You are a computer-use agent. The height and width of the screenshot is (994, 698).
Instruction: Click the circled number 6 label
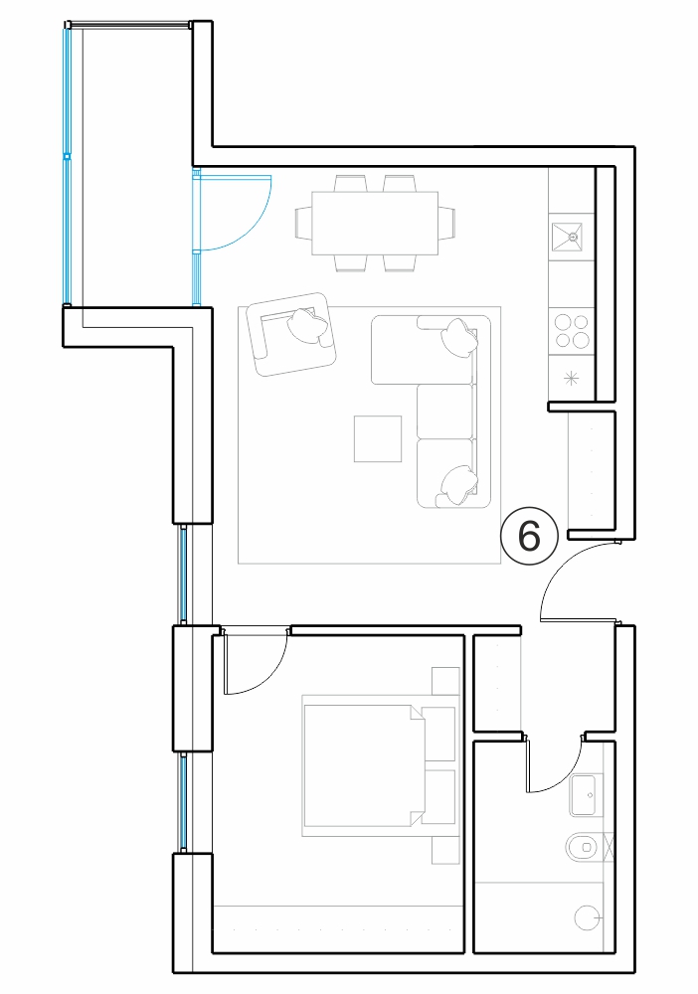529,537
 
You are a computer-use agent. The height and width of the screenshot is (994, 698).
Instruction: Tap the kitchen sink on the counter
573,238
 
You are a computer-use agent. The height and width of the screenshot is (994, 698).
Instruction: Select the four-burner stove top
572,331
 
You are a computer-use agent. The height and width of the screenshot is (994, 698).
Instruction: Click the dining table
375,223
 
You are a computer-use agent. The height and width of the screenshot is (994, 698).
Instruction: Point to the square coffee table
378,438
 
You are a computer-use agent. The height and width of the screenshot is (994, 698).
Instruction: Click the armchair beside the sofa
291,334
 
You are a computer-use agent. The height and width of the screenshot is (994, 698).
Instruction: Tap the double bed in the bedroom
365,765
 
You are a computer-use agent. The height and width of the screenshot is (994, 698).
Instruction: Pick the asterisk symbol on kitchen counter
572,379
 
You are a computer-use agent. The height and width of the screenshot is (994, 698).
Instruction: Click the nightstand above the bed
445,681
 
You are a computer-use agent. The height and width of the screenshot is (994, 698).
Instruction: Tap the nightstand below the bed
445,850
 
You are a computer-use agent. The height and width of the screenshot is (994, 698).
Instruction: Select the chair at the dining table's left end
303,223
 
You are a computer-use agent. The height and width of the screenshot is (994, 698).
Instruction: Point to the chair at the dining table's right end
447,223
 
